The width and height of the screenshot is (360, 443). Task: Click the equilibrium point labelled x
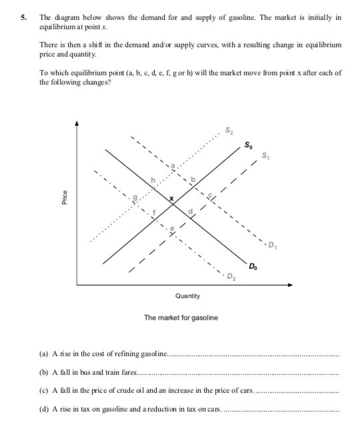pos(171,198)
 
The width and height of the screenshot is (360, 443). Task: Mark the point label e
pos(172,226)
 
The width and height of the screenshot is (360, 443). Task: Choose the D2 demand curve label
pos(230,276)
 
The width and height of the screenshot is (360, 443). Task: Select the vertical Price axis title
pos(65,199)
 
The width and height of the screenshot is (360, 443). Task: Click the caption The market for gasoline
pos(181,318)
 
